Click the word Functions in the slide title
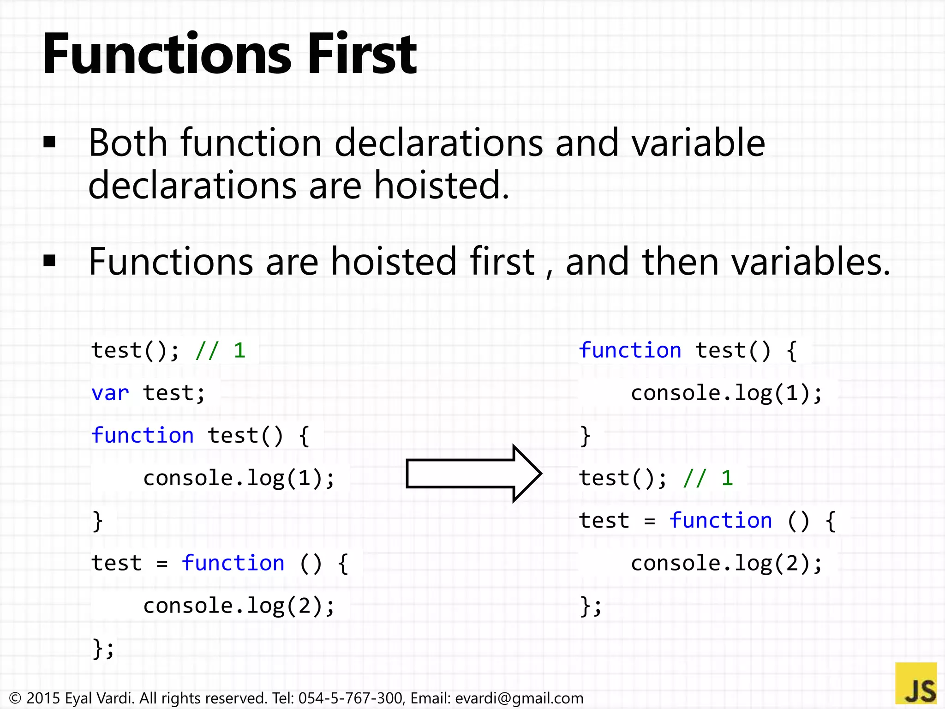pyautogui.click(x=167, y=54)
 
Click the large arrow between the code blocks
pyautogui.click(x=473, y=474)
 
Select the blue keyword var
pyautogui.click(x=110, y=393)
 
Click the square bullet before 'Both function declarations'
pyautogui.click(x=49, y=142)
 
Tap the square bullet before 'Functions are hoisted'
pyautogui.click(x=49, y=261)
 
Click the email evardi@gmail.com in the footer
pyautogui.click(x=519, y=698)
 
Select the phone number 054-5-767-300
pyautogui.click(x=350, y=698)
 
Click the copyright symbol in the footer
pyautogui.click(x=15, y=698)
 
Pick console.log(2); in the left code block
pyautogui.click(x=239, y=606)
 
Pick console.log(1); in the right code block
pyautogui.click(x=726, y=393)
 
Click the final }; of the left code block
pyautogui.click(x=103, y=648)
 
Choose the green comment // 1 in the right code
pyautogui.click(x=708, y=478)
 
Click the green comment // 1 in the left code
pyautogui.click(x=220, y=351)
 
